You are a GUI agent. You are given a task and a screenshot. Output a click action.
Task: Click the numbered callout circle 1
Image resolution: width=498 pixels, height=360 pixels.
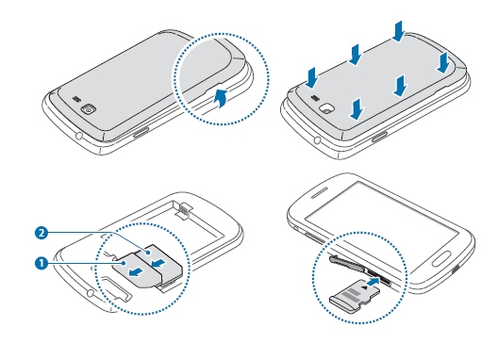41,263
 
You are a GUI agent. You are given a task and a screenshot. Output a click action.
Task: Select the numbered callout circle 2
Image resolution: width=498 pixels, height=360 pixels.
41,234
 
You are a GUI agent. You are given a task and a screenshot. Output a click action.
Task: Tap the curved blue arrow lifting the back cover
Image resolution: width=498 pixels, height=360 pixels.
221,98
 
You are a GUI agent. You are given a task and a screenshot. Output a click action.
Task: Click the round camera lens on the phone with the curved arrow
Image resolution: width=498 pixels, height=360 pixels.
88,110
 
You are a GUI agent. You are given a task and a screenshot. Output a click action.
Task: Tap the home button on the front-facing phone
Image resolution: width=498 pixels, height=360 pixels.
441,258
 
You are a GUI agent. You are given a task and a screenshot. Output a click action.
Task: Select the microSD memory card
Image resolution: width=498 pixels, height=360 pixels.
355,296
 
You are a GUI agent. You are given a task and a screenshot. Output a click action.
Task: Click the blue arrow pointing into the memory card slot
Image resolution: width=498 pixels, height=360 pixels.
373,282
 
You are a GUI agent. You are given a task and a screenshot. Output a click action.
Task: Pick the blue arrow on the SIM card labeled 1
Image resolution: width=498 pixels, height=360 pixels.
136,271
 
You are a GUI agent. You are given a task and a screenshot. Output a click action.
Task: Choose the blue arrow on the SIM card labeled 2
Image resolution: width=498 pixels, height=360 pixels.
158,263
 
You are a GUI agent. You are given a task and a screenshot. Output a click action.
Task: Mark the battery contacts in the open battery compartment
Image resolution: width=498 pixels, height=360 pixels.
185,210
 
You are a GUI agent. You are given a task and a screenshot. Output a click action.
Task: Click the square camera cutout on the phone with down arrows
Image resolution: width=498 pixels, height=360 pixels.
326,108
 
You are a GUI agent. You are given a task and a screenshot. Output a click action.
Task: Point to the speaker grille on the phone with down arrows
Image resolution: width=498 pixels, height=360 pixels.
315,97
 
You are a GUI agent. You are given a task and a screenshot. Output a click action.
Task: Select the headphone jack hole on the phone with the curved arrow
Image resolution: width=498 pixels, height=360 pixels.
78,138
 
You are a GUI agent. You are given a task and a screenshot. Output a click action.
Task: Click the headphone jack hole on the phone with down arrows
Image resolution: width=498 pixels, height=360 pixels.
317,139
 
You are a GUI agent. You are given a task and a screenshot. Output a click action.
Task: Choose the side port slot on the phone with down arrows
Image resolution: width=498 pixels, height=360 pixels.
379,136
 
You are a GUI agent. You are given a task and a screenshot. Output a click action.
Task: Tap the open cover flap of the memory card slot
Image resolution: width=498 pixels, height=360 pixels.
346,263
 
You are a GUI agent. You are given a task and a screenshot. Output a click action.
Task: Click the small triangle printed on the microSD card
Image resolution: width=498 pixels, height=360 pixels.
365,287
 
